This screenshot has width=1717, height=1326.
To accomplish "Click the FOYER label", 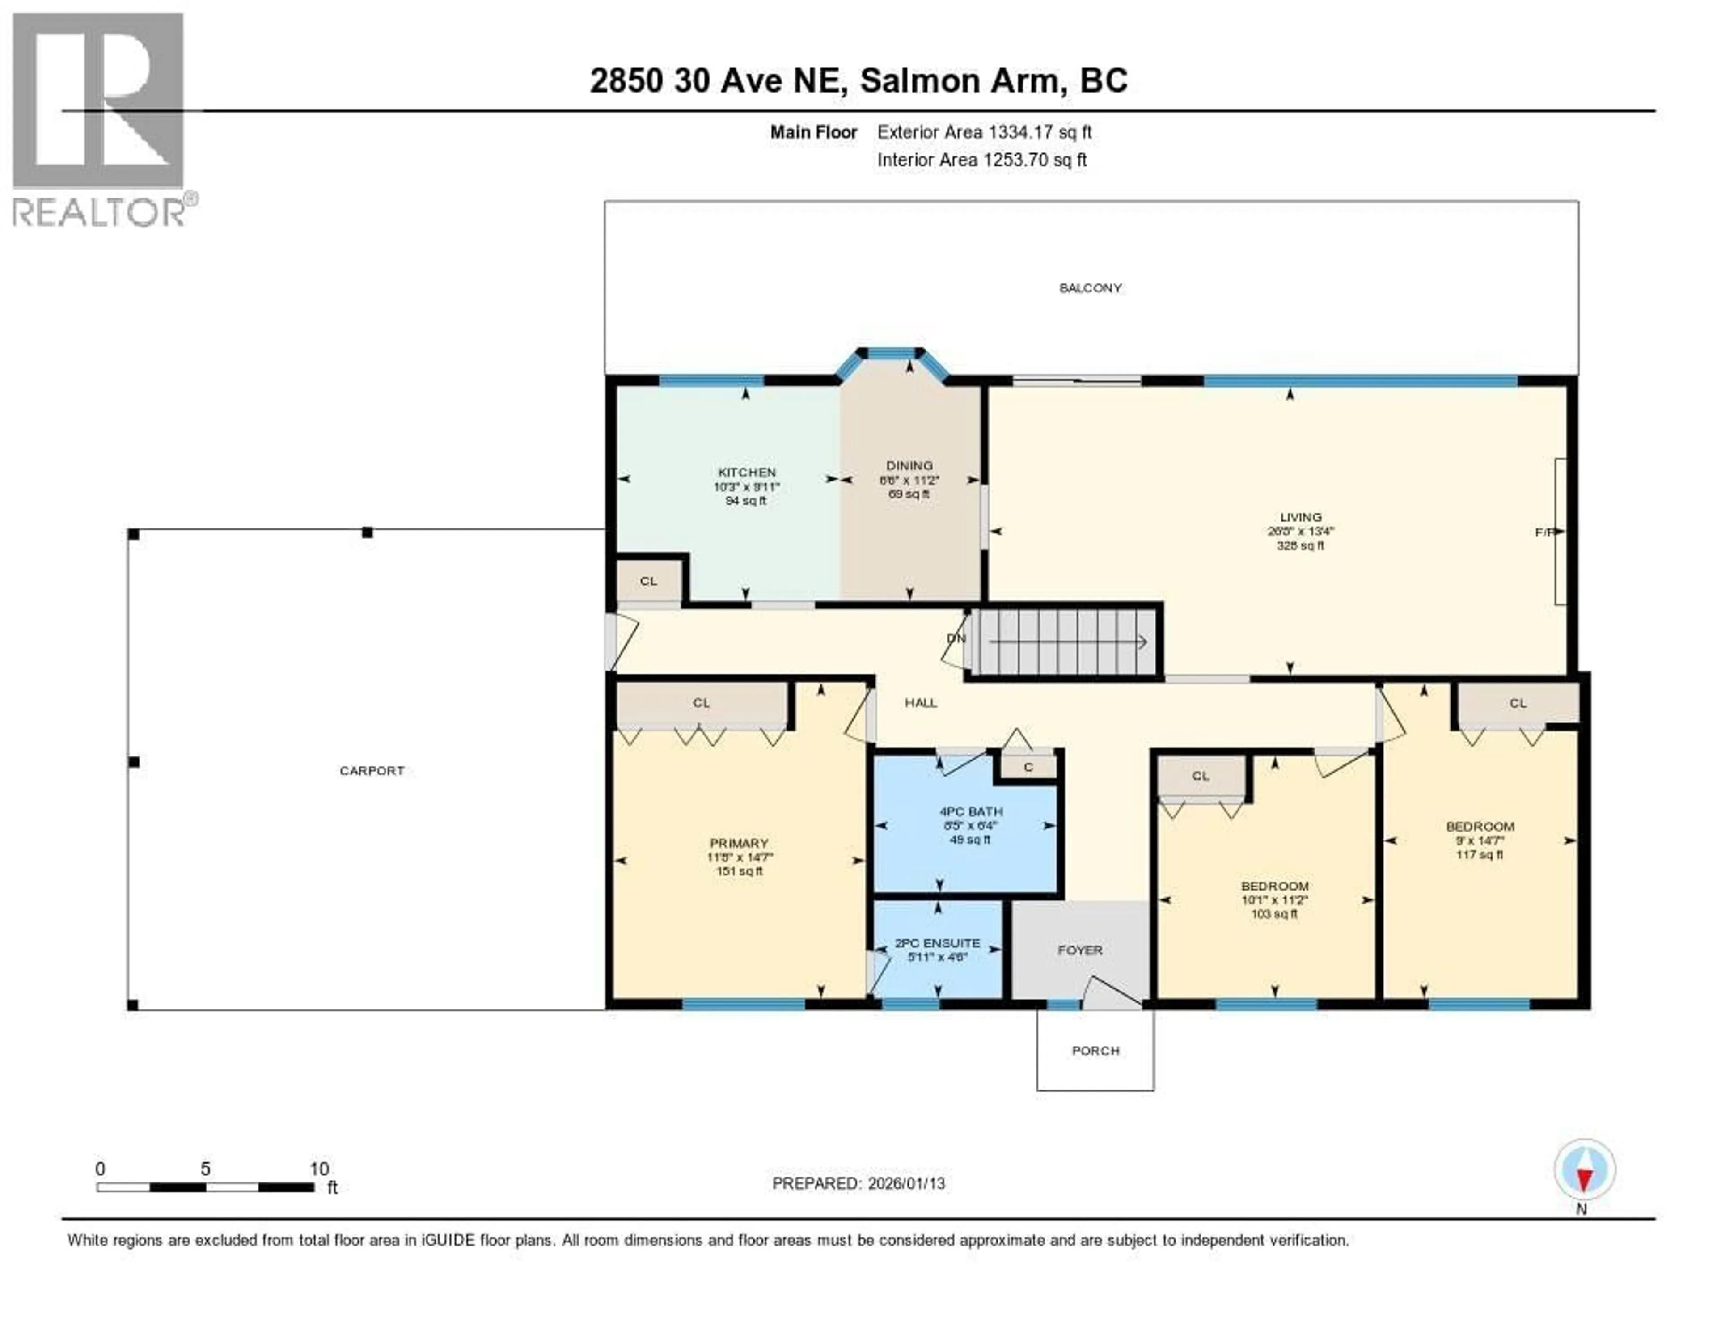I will (1079, 950).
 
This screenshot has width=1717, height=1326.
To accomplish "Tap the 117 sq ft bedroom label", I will (1480, 854).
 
